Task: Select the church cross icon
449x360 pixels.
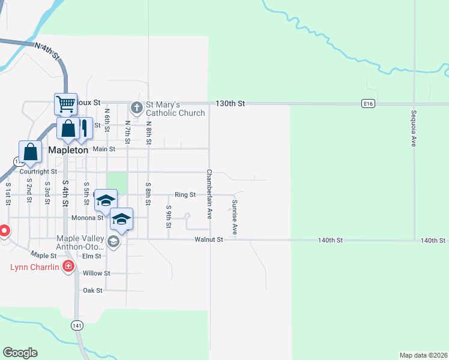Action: (136, 108)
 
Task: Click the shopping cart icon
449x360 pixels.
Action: (65, 104)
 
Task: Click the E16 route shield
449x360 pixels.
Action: (369, 104)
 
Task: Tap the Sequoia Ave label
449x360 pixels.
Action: (414, 128)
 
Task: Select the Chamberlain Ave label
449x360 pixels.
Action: (209, 193)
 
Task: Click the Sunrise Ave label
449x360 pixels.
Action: (235, 217)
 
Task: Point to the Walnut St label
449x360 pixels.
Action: (209, 239)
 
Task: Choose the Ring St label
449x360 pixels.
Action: (185, 194)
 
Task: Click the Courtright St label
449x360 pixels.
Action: (38, 172)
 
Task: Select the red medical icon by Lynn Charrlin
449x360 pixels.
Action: (69, 266)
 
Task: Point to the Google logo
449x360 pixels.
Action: (20, 352)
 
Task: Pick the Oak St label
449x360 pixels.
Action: (93, 290)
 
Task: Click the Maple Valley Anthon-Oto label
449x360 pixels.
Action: (80, 242)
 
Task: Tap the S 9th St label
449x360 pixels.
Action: (169, 217)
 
